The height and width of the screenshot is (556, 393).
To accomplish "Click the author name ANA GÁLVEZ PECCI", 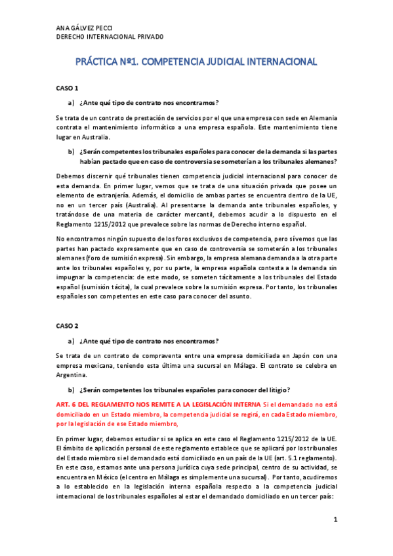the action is [x=83, y=28].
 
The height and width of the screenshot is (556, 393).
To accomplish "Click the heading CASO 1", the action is [x=67, y=88].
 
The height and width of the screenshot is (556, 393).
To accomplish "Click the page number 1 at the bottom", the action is [x=335, y=520].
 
